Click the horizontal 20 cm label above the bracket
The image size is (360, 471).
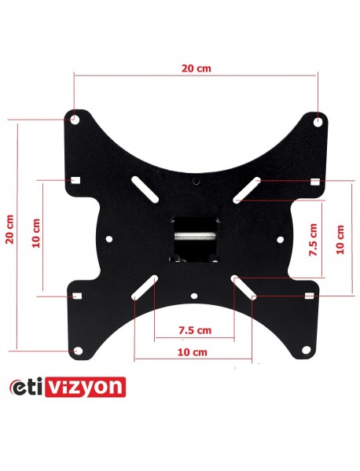(x=196, y=68)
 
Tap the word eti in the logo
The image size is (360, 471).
(x=32, y=388)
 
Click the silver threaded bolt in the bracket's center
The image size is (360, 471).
(x=193, y=234)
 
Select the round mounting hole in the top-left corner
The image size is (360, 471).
(x=73, y=120)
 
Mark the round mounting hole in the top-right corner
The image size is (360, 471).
(x=317, y=121)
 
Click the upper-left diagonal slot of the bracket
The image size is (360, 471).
(x=143, y=190)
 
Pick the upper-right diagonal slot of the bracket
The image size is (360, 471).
(x=248, y=190)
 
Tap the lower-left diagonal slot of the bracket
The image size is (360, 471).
(x=143, y=288)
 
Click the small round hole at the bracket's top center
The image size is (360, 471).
(x=197, y=182)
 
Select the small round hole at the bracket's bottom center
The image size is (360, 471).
(x=194, y=296)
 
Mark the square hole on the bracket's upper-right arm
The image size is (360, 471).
(x=314, y=182)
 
